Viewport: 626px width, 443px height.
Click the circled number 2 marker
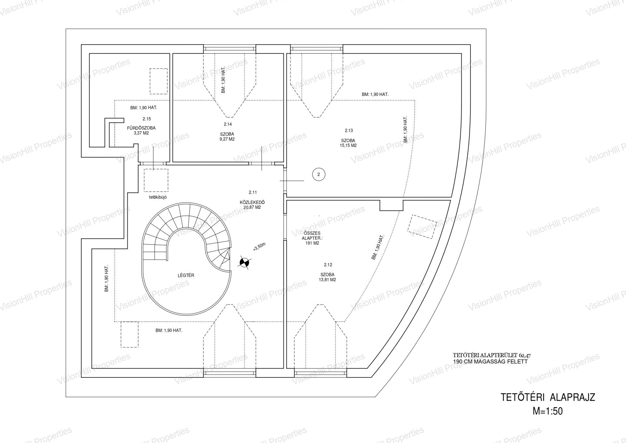point(319,175)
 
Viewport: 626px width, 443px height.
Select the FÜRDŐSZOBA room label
point(141,128)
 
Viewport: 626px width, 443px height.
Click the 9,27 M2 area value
point(227,139)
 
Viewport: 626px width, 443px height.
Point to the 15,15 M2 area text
point(348,145)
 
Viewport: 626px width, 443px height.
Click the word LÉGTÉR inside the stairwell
point(186,275)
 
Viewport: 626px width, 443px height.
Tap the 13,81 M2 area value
point(327,280)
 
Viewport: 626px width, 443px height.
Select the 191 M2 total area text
point(312,243)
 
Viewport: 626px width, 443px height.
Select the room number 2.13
point(349,130)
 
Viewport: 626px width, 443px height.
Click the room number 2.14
point(228,124)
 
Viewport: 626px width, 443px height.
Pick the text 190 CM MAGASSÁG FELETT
point(490,362)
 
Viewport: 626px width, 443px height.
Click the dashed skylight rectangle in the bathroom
point(158,81)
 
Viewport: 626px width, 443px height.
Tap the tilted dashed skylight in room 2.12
point(422,227)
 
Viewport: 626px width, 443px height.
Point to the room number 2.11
point(253,192)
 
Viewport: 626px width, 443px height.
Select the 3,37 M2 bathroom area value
point(141,133)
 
